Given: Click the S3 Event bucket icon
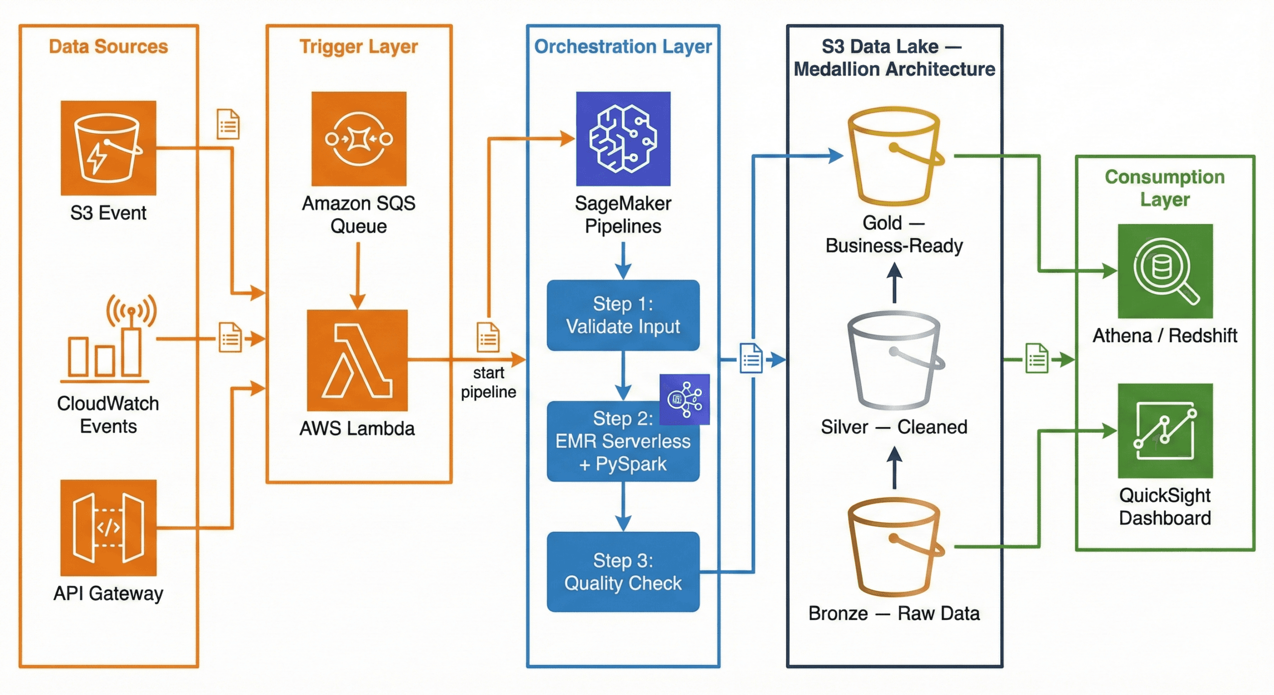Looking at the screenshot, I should [108, 148].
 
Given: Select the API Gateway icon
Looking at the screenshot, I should [108, 528].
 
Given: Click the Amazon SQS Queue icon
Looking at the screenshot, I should [359, 138].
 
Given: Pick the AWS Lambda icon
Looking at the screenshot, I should [357, 360].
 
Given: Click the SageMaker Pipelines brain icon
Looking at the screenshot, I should [623, 138].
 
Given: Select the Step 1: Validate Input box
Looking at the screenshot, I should [623, 315].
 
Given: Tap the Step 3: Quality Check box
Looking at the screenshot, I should [623, 572].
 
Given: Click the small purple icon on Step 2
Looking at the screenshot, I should [684, 399].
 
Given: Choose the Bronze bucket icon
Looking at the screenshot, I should [894, 548].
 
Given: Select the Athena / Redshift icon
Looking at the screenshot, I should [1165, 271].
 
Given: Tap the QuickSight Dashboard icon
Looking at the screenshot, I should [1165, 431].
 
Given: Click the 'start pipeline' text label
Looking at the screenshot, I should [488, 382].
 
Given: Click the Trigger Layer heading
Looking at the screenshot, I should [358, 46].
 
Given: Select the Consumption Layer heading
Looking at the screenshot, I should [1165, 188].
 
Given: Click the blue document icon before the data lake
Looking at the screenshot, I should [751, 358].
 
